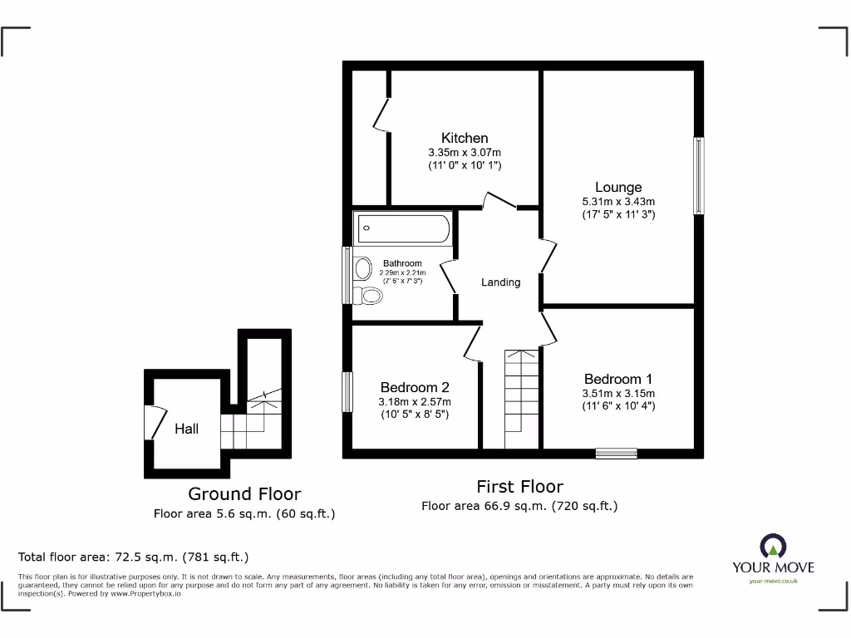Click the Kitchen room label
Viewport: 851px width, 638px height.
click(x=465, y=138)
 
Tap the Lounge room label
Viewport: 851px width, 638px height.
click(x=618, y=187)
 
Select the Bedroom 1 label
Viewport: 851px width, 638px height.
click(x=618, y=379)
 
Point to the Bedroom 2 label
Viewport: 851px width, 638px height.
click(x=415, y=387)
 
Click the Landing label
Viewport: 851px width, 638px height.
click(x=501, y=282)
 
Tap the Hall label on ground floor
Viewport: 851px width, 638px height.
click(x=186, y=429)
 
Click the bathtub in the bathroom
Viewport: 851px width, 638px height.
click(x=403, y=228)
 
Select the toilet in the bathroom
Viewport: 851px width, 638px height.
click(x=368, y=294)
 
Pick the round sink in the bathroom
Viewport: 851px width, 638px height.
click(x=363, y=268)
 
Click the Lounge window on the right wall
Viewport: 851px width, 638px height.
click(x=699, y=175)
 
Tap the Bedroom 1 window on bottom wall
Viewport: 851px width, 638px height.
click(x=617, y=454)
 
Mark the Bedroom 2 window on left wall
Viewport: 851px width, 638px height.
click(x=347, y=391)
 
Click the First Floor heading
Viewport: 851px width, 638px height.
click(x=519, y=487)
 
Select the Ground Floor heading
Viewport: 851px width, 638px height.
click(x=244, y=494)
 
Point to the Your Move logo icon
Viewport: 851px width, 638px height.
click(x=773, y=546)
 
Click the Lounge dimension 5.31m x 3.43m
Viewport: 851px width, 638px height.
click(x=618, y=202)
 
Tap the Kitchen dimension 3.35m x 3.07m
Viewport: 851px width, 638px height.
click(x=465, y=153)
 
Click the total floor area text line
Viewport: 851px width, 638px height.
click(x=134, y=557)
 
